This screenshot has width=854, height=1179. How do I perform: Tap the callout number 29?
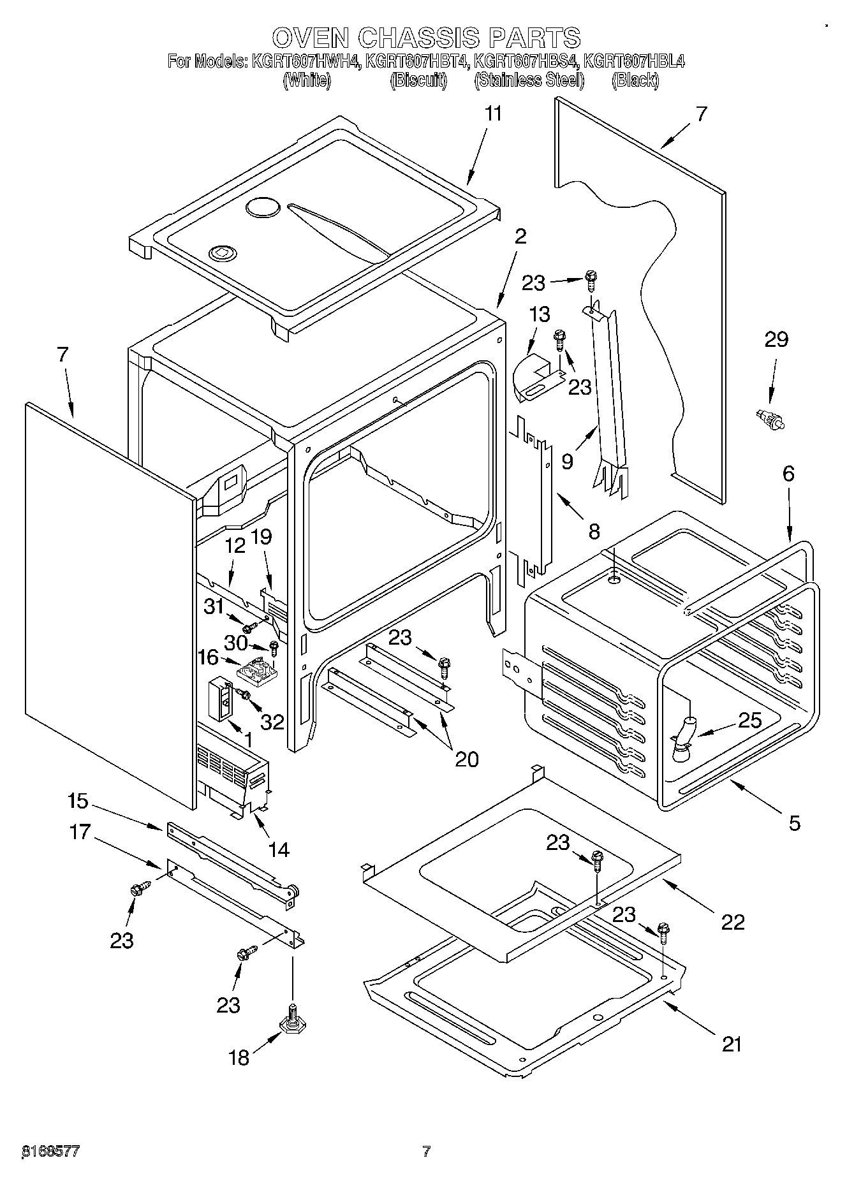point(776,340)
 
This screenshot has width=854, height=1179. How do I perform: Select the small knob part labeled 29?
point(768,420)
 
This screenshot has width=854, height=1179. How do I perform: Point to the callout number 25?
point(749,721)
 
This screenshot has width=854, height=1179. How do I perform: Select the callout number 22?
point(732,922)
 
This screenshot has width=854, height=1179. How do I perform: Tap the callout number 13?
point(540,314)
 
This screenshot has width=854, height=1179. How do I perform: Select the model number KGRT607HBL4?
point(635,62)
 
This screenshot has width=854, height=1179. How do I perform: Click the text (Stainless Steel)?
point(529,80)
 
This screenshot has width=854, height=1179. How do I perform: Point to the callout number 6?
point(789,474)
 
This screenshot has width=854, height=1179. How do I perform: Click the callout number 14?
point(279,849)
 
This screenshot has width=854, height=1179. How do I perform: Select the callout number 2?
point(520,237)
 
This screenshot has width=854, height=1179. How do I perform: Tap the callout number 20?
point(466,759)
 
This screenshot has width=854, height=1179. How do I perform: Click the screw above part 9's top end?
point(591,279)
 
